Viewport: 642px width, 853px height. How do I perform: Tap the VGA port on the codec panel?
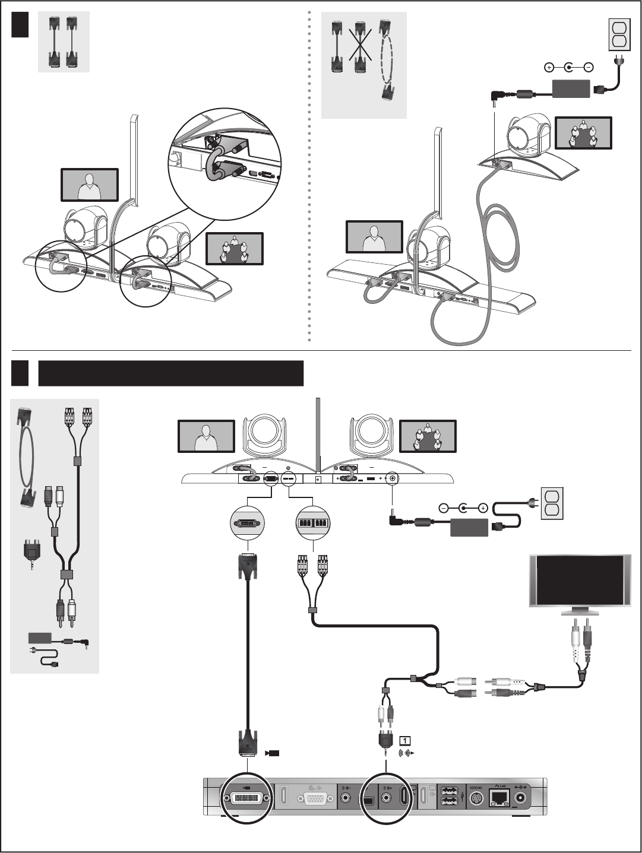[x=315, y=799]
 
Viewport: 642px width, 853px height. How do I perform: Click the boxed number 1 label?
[x=404, y=740]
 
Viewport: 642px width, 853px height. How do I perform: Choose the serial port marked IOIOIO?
[x=476, y=799]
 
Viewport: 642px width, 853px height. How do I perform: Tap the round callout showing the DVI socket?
[x=246, y=524]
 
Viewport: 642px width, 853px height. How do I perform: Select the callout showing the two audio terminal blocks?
[x=313, y=524]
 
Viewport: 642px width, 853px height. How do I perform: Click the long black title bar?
[x=171, y=373]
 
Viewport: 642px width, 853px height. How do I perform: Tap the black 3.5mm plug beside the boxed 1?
[x=385, y=741]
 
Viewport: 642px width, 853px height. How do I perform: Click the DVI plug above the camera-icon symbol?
[x=247, y=741]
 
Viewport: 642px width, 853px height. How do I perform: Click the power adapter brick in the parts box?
[x=42, y=639]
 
